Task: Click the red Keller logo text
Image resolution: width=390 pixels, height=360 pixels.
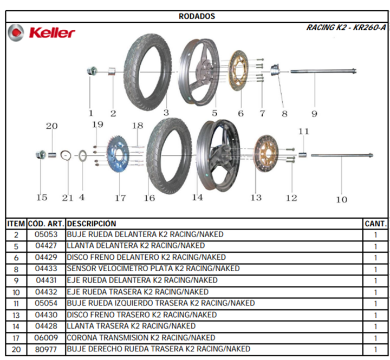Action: [52, 33]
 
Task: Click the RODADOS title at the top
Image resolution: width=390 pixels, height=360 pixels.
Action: [197, 16]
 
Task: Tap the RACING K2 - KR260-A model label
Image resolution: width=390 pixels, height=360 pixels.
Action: [346, 28]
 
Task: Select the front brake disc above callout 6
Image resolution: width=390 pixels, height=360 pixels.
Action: [238, 70]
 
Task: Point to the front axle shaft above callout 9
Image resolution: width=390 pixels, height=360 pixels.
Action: [323, 71]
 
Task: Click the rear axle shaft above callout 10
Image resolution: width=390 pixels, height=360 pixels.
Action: [342, 155]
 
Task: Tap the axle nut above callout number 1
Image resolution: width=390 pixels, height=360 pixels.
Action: [92, 71]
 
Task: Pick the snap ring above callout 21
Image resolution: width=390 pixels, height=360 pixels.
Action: [66, 155]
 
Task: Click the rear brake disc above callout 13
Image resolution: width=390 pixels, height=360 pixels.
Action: [266, 154]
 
